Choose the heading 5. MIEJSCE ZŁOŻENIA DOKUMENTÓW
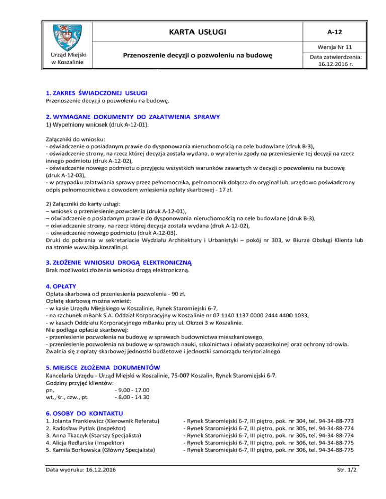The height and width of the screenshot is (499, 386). click(x=103, y=367)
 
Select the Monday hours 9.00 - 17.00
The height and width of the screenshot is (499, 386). click(x=132, y=390)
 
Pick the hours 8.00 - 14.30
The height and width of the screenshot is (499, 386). click(x=132, y=397)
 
